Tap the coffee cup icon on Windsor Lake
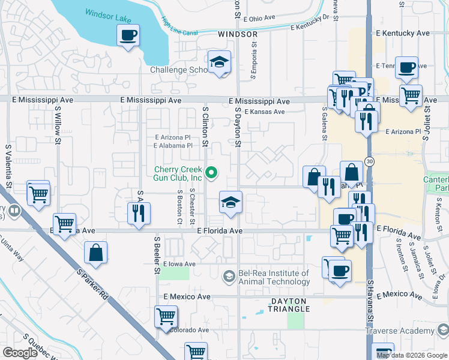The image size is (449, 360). coord(127,35)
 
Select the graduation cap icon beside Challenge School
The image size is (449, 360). coord(220,62)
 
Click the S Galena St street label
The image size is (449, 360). coord(324,124)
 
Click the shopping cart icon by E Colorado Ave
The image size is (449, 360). coord(166,316)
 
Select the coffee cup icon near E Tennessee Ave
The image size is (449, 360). coord(406,67)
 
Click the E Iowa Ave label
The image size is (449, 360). coord(178,264)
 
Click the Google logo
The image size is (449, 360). coord(20,353)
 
